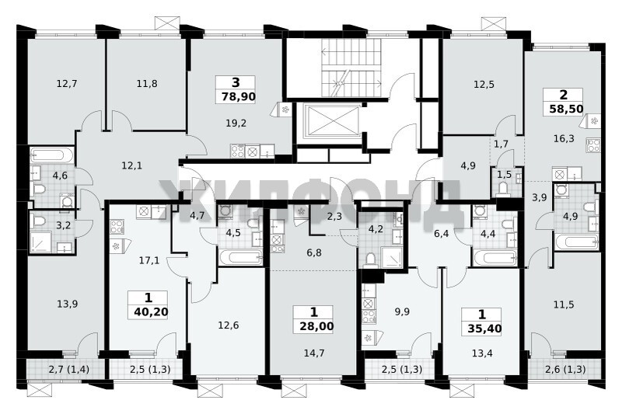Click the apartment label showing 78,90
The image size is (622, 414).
point(238,96)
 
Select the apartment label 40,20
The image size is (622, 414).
point(151,311)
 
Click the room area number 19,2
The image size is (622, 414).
point(236,124)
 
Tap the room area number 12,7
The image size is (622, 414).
point(67,84)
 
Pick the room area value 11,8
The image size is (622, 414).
point(147,84)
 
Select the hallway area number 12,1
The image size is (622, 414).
point(131,165)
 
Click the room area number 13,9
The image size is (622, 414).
point(67,304)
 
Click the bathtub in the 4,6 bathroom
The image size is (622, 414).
point(51,155)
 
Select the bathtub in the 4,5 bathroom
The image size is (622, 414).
point(240,257)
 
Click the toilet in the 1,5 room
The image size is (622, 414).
point(502,189)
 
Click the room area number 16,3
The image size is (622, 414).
point(563,139)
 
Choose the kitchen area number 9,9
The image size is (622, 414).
point(402,311)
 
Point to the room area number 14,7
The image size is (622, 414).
point(314,353)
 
